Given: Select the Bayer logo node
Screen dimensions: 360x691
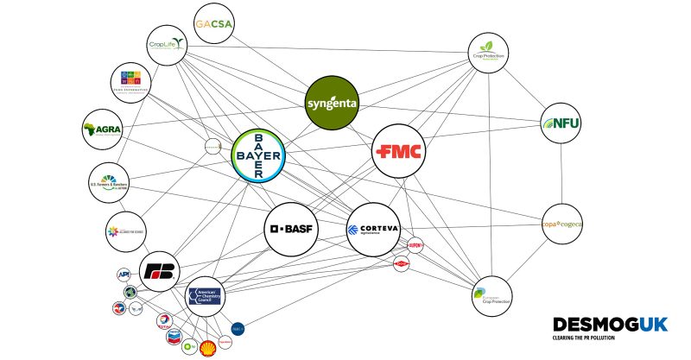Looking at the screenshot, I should (x=260, y=157).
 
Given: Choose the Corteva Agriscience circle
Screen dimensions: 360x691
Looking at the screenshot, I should (x=373, y=229).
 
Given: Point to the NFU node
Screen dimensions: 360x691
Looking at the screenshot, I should (x=561, y=123).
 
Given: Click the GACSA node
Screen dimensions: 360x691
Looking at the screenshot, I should (x=215, y=23).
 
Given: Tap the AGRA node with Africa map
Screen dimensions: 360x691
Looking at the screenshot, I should (x=102, y=130).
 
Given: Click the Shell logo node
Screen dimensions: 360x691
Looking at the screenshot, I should (x=207, y=347).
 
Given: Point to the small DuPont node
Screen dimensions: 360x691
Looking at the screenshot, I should (x=415, y=244).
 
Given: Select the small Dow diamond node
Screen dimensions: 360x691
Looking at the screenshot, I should (x=400, y=262).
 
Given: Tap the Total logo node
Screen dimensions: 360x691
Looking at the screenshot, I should (x=163, y=322).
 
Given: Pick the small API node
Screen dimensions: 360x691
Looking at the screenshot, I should (x=124, y=275).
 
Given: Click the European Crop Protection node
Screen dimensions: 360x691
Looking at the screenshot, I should (x=491, y=297).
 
